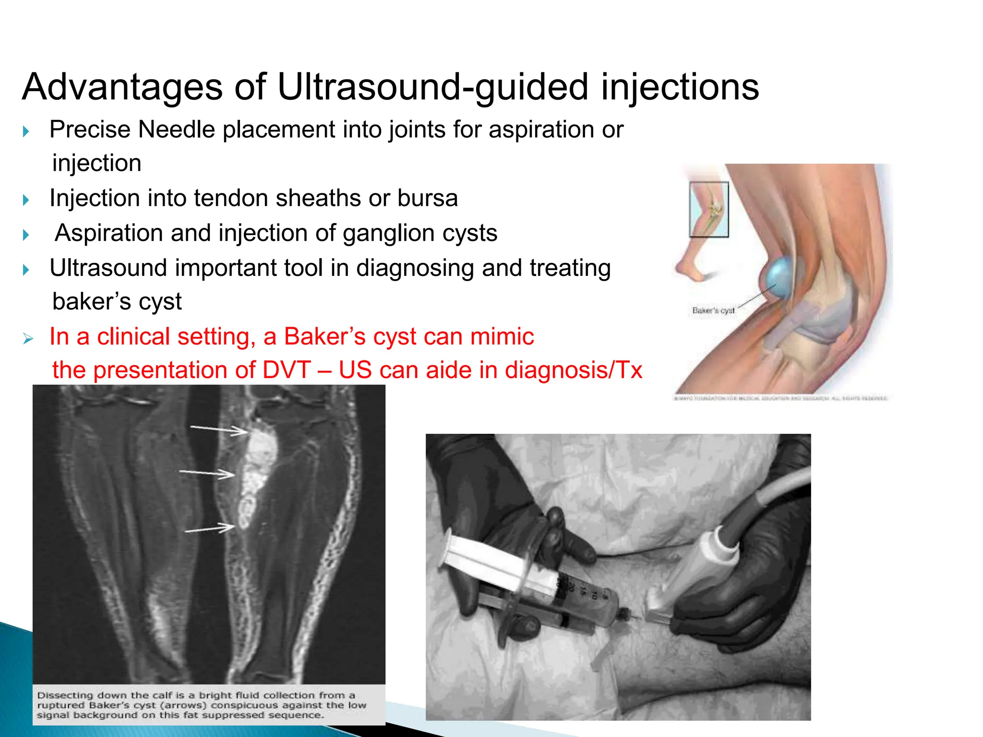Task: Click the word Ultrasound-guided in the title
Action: (432, 87)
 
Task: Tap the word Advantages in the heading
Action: (122, 87)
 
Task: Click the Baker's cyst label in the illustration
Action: (713, 310)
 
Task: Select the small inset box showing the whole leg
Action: (708, 209)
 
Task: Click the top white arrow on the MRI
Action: (218, 429)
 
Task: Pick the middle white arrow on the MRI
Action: (206, 474)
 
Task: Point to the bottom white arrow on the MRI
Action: (209, 529)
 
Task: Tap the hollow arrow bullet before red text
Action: (28, 339)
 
